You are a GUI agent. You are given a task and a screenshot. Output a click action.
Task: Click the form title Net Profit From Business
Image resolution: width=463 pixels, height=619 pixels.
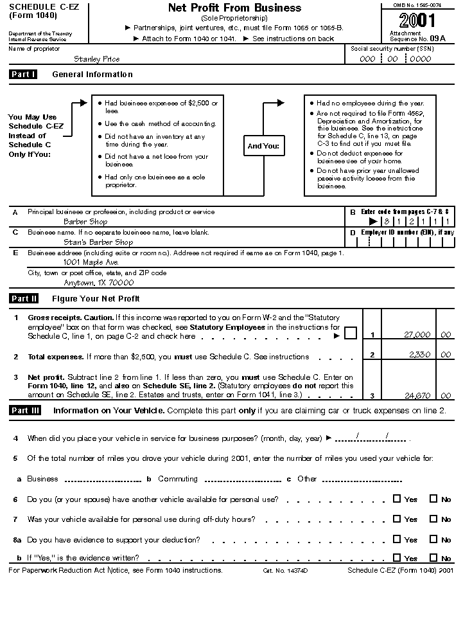(234, 8)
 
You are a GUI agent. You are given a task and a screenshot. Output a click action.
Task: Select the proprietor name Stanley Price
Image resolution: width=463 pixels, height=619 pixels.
(96, 59)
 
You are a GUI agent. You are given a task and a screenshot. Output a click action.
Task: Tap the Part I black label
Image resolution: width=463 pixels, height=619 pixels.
(24, 75)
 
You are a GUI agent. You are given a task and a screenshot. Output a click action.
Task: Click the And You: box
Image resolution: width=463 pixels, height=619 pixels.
(263, 146)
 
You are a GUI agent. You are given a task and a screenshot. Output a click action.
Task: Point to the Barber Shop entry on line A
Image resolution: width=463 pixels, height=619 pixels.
(85, 222)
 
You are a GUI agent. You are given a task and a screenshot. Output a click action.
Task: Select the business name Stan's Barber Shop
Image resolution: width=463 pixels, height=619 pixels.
(98, 242)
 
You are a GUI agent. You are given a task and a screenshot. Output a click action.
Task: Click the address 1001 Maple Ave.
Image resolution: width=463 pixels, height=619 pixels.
(91, 262)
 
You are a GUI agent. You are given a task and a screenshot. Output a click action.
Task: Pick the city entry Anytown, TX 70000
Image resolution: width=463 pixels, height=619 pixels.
(98, 282)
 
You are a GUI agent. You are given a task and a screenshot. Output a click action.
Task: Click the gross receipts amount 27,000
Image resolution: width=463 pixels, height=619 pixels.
(417, 334)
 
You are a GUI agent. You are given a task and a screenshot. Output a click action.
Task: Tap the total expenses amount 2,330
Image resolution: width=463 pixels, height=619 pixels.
(421, 354)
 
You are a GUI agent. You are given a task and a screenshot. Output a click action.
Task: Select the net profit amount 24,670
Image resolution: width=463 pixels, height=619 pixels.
(417, 395)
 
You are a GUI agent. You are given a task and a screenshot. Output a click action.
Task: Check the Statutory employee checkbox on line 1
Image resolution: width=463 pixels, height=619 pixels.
(350, 333)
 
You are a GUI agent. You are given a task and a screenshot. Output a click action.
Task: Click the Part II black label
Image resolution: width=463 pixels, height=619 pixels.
(24, 299)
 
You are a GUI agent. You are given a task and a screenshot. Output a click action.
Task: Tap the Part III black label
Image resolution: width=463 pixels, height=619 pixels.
(25, 411)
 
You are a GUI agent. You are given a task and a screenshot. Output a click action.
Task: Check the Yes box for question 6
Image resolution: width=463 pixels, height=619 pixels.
(397, 498)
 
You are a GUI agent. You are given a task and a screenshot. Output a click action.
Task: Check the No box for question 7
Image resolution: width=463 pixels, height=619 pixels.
(433, 519)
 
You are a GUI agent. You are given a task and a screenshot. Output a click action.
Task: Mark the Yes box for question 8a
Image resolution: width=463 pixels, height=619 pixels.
(397, 539)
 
